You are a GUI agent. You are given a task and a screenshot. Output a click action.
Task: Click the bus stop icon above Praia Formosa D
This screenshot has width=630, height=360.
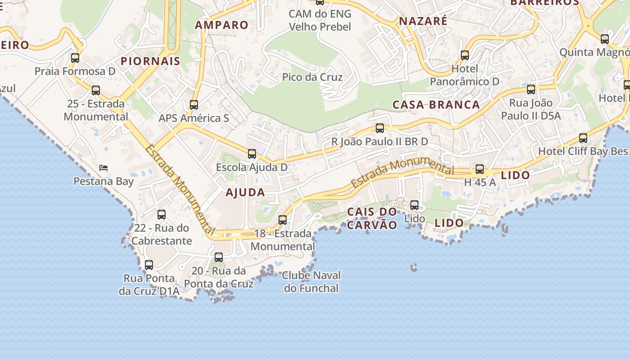pyautogui.click(x=75, y=58)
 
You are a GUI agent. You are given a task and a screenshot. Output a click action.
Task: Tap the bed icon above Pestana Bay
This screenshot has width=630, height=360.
pyautogui.click(x=103, y=168)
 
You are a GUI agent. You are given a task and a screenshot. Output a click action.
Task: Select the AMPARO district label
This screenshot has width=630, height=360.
pyautogui.click(x=221, y=25)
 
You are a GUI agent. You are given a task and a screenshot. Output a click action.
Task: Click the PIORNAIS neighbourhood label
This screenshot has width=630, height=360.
pyautogui.click(x=150, y=61)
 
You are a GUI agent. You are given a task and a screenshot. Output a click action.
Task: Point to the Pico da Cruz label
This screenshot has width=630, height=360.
pyautogui.click(x=312, y=77)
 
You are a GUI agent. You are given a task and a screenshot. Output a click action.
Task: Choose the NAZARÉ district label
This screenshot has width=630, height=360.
pyautogui.click(x=423, y=21)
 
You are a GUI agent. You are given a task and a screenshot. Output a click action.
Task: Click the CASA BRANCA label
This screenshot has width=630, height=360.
pyautogui.click(x=436, y=104)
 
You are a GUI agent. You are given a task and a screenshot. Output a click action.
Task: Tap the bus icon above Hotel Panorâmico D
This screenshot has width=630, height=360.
pyautogui.click(x=465, y=55)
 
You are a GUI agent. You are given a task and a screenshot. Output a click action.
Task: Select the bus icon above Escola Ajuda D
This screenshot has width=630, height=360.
pyautogui.click(x=252, y=154)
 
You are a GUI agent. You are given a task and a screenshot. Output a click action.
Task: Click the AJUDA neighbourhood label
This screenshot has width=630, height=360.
pyautogui.click(x=245, y=192)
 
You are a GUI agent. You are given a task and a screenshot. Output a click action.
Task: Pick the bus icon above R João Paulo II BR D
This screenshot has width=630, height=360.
pyautogui.click(x=380, y=128)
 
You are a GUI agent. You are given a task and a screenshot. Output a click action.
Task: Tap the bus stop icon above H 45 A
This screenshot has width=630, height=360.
pyautogui.click(x=480, y=169)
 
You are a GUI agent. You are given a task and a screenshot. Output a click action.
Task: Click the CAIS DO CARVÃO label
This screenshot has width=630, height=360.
pyautogui.click(x=372, y=218)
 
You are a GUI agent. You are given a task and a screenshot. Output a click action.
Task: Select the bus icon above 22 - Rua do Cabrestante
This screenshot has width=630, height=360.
pyautogui.click(x=162, y=215)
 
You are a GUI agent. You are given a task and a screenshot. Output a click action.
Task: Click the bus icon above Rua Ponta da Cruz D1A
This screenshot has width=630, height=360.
pyautogui.click(x=149, y=265)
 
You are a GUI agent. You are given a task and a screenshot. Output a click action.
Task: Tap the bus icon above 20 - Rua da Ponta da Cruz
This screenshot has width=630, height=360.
pyautogui.click(x=219, y=257)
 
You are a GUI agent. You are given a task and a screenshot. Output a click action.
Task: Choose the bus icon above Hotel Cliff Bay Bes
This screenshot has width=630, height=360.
pyautogui.click(x=583, y=138)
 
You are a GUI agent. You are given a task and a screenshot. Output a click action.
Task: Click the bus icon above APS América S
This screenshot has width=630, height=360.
pyautogui.click(x=194, y=105)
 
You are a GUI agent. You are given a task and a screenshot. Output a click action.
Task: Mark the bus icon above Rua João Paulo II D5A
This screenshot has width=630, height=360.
pyautogui.click(x=531, y=90)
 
